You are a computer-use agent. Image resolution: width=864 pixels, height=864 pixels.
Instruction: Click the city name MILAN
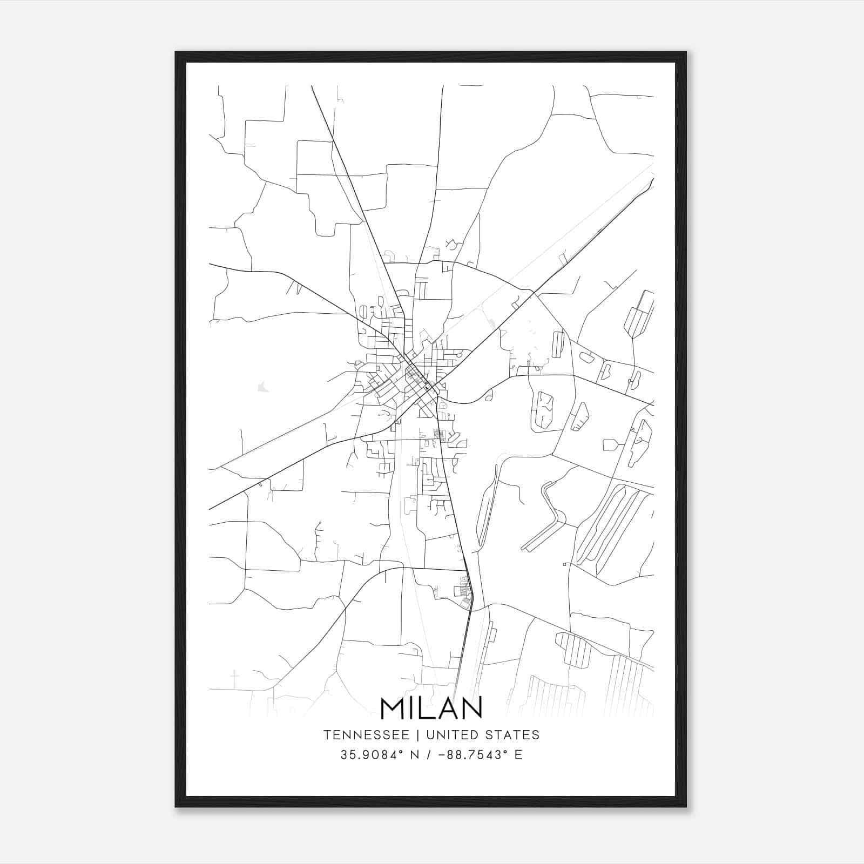[431, 708]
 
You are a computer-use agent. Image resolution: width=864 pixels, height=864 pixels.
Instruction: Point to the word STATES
[512, 735]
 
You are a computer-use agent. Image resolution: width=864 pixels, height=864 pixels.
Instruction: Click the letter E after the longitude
[518, 755]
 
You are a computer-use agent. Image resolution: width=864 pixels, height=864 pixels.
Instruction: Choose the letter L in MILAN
[423, 708]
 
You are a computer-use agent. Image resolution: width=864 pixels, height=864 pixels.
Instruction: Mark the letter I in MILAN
[410, 708]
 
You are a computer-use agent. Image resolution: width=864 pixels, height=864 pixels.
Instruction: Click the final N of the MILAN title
[470, 708]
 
